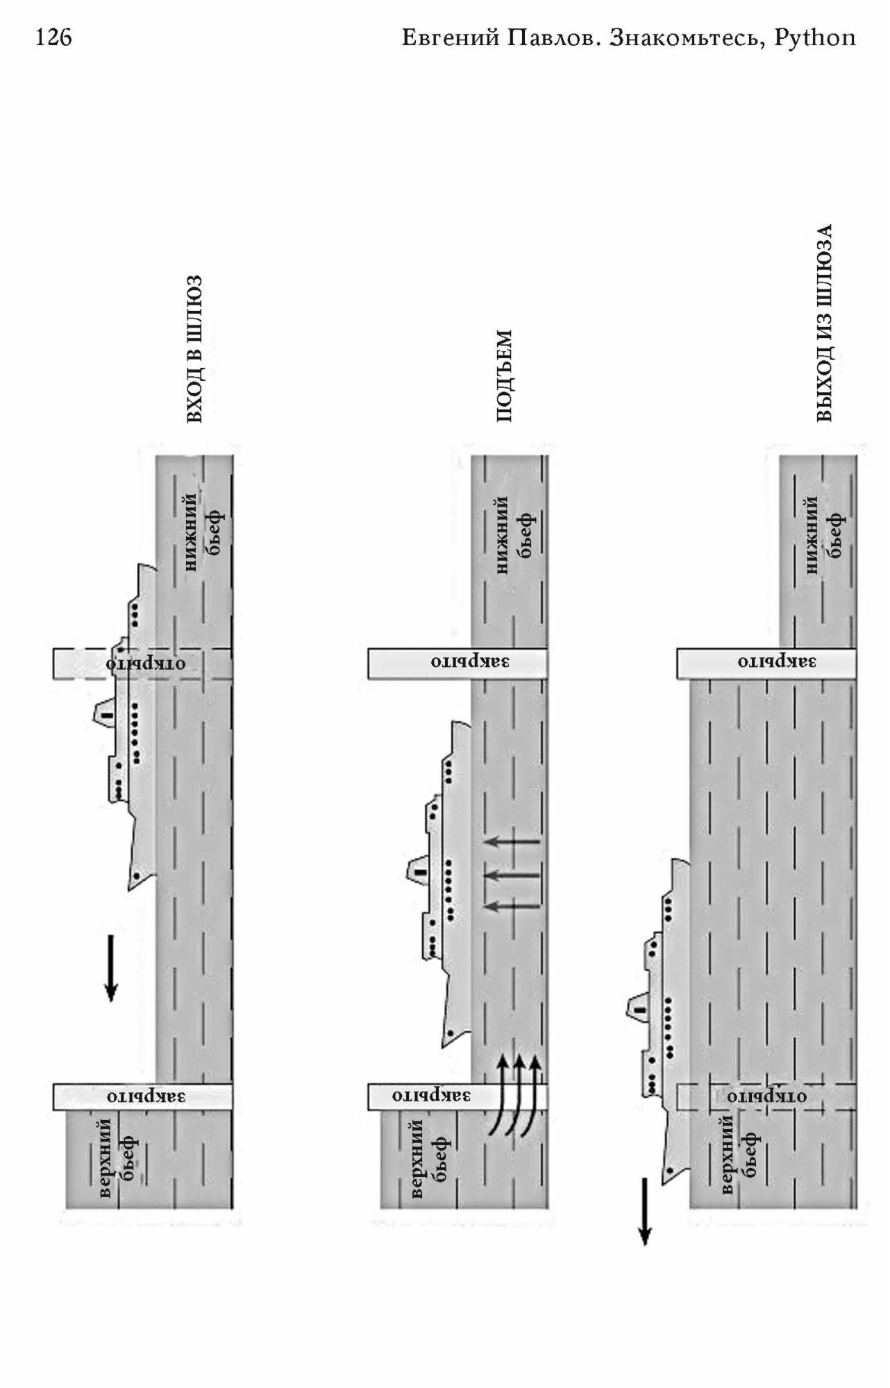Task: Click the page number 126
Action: tap(53, 37)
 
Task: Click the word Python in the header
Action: tap(815, 38)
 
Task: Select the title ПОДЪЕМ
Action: tap(505, 375)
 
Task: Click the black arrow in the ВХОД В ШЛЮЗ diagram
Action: tap(110, 968)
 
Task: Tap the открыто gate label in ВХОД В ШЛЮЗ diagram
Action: tap(146, 663)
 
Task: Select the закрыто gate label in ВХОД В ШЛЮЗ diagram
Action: tap(146, 1097)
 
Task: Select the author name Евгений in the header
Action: tap(451, 38)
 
